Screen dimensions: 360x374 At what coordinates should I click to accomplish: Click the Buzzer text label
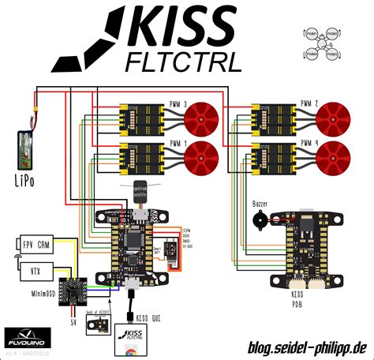click(x=260, y=204)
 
